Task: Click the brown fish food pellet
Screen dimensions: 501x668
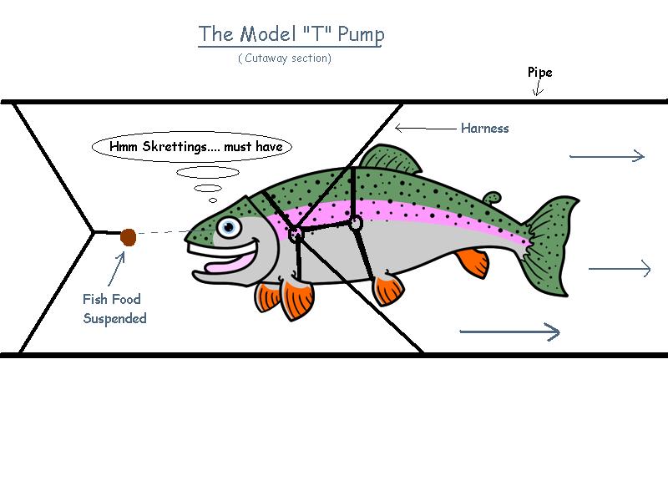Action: tap(128, 237)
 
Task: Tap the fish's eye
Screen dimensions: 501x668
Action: tap(228, 226)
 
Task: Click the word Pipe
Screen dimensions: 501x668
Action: tap(539, 73)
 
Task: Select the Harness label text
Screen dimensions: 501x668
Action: tap(484, 129)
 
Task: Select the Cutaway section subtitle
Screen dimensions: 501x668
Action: tap(285, 58)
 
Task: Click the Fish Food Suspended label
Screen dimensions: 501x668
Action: tap(114, 309)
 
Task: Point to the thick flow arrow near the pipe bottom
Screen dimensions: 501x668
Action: tap(509, 332)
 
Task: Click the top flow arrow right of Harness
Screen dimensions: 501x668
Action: tap(606, 155)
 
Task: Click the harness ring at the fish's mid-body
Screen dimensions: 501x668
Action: tap(355, 223)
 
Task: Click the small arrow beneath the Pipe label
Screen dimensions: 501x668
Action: tap(538, 89)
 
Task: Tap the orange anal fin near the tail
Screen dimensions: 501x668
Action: tap(472, 261)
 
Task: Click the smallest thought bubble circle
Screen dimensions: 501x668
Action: tap(213, 200)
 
